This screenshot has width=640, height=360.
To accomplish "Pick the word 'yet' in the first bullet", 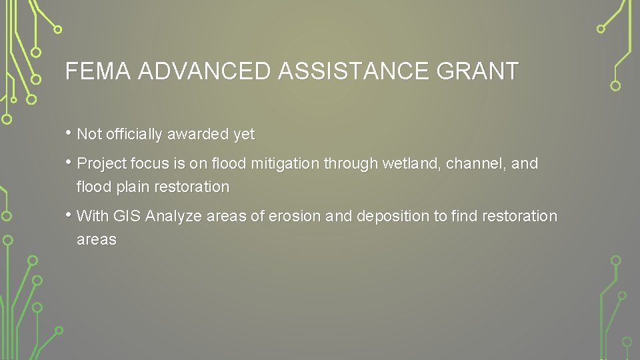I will [244, 135].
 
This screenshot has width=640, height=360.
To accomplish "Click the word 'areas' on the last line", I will [97, 240].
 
